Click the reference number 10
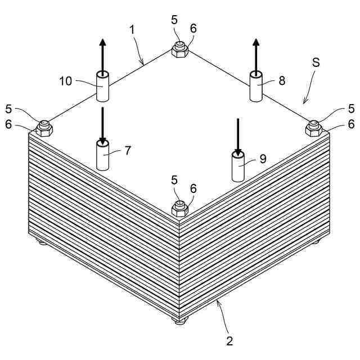tap(66, 81)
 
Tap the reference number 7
tap(128, 150)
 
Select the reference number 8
tap(281, 80)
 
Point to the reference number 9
tap(262, 159)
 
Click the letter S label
tap(316, 62)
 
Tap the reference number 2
tap(229, 340)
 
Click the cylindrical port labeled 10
tap(102, 87)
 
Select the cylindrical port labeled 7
tap(103, 156)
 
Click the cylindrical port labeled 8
tap(256, 87)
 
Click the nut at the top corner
tap(179, 51)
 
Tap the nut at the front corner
tap(179, 210)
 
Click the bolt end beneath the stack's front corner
tap(179, 321)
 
